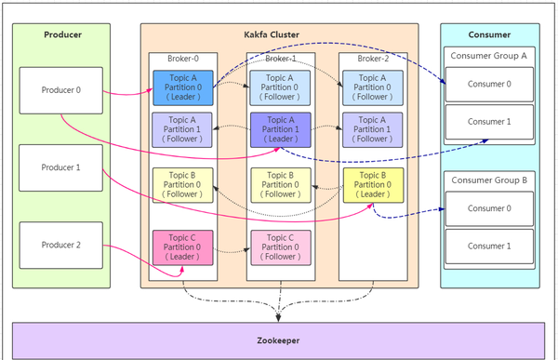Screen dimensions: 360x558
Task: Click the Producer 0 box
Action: [x=61, y=90]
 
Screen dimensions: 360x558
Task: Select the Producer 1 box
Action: [x=61, y=167]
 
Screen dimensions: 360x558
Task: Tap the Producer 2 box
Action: [x=61, y=245]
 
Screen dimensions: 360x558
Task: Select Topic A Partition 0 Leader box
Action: [x=182, y=87]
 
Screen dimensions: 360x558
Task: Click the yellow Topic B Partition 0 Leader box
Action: [x=372, y=185]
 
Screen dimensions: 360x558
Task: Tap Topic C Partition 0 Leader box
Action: [x=182, y=247]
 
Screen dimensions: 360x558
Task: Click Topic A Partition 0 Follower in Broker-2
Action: [x=372, y=87]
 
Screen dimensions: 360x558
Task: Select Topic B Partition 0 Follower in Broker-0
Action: [x=182, y=185]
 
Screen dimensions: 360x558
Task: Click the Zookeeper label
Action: [x=278, y=340]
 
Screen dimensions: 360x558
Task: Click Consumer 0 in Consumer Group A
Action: [x=489, y=84]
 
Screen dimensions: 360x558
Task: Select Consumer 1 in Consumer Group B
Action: [x=489, y=246]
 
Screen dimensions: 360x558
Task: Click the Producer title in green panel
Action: [x=62, y=34]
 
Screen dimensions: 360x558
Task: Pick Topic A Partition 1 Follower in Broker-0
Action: [x=182, y=129]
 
